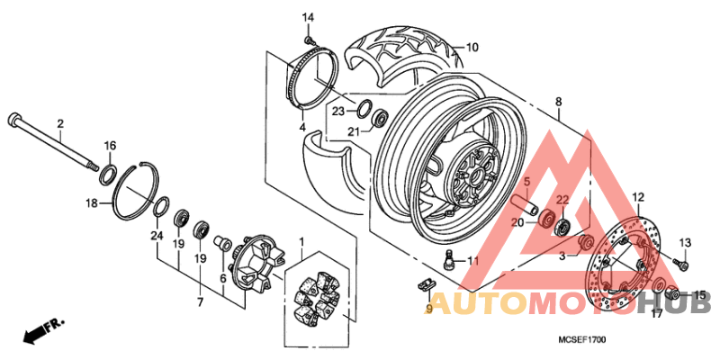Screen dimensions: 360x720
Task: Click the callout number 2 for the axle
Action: click(60, 123)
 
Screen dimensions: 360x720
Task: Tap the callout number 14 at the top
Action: click(308, 18)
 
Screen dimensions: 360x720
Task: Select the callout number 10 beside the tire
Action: click(472, 47)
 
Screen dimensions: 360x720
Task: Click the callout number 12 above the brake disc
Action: click(637, 197)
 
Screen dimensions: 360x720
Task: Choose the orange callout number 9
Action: click(428, 308)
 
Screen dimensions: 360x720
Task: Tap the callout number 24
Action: click(157, 236)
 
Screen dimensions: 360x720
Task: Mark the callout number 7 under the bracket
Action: click(201, 302)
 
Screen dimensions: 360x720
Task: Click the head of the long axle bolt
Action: click(13, 119)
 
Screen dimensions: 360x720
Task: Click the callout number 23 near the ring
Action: click(337, 112)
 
